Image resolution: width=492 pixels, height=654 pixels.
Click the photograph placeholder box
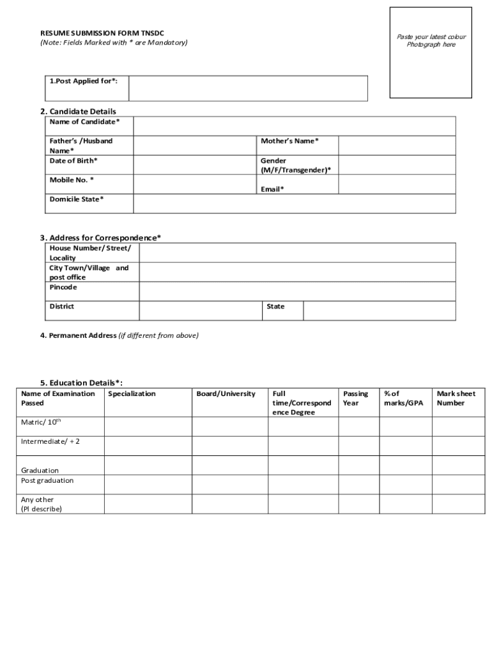(x=431, y=52)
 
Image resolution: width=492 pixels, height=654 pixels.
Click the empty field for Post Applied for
(x=248, y=88)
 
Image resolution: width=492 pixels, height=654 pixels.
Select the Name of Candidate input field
(x=295, y=126)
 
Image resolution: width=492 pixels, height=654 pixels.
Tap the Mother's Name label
(x=289, y=141)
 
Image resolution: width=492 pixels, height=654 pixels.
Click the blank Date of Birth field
(x=195, y=165)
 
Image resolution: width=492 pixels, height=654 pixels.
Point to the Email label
(x=272, y=189)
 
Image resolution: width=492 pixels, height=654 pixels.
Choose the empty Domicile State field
(x=295, y=204)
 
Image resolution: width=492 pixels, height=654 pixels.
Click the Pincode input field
(x=297, y=291)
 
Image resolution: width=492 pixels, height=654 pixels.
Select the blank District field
(x=201, y=310)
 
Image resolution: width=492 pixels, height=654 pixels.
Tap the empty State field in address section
(x=379, y=310)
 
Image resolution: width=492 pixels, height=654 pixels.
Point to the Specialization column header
(x=132, y=394)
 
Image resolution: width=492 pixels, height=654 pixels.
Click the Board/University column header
(x=226, y=394)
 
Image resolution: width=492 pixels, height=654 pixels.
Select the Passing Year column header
(x=355, y=399)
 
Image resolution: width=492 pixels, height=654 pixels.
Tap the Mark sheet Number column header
(x=456, y=399)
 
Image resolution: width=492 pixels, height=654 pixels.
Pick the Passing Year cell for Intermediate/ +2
(x=357, y=446)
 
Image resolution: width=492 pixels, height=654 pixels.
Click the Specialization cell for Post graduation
(x=148, y=484)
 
